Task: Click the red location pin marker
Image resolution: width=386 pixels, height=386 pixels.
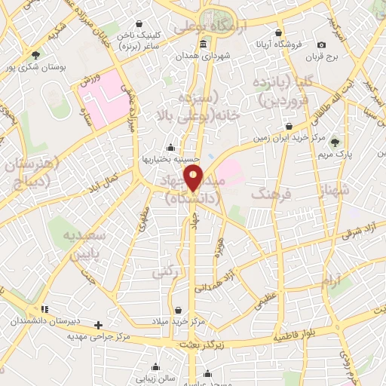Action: point(194,179)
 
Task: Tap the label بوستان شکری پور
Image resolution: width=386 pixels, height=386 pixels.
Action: point(36,67)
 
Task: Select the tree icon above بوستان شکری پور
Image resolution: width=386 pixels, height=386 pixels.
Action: point(35,54)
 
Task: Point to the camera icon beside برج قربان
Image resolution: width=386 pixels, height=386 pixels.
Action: point(322,45)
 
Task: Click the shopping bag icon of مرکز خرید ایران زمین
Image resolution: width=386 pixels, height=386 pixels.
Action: point(288,126)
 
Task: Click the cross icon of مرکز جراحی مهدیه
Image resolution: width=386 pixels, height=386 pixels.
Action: point(98,325)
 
